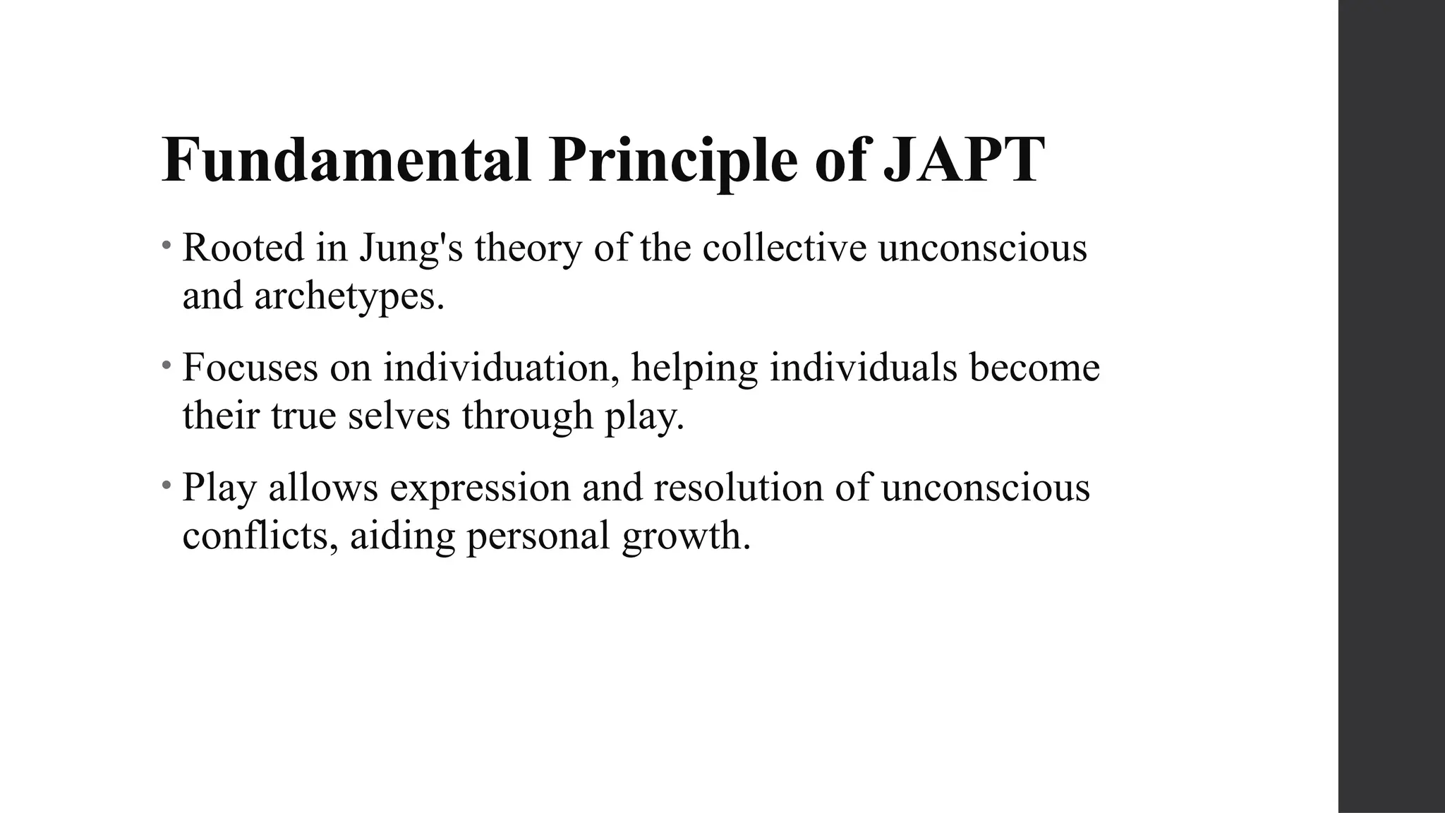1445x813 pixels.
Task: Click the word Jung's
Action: (x=411, y=248)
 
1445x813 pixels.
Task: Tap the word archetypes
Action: (x=349, y=296)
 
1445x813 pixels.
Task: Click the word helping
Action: (x=694, y=368)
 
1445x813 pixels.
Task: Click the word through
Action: (x=527, y=416)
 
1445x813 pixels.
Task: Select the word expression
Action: (x=480, y=488)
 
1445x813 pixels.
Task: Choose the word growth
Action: (x=686, y=536)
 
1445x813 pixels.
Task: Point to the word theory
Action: (x=528, y=248)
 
